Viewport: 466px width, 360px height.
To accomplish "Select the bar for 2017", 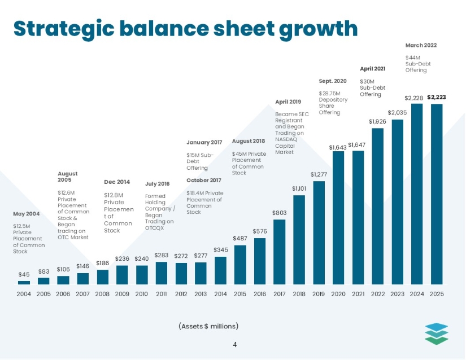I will [x=279, y=252].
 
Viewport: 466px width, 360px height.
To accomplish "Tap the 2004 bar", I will [x=24, y=282].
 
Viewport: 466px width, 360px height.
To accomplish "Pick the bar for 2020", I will [x=338, y=217].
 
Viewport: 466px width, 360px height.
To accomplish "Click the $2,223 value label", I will [x=437, y=97].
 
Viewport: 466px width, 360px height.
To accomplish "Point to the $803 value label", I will [x=279, y=213].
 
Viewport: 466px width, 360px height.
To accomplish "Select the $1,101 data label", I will [x=299, y=188].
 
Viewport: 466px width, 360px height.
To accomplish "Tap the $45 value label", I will [x=24, y=275].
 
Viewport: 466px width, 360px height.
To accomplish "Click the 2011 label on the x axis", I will [x=162, y=293].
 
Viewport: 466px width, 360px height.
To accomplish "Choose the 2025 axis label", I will [x=437, y=293].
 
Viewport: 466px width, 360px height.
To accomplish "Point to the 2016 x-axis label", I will [x=260, y=293].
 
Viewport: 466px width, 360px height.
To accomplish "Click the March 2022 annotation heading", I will [x=421, y=45].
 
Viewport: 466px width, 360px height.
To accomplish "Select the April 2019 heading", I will [x=288, y=102].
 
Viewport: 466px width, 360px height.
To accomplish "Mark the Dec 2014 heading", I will [x=117, y=182].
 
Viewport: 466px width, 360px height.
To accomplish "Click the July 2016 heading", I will [x=157, y=184].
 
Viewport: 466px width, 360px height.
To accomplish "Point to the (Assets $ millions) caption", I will [x=208, y=326].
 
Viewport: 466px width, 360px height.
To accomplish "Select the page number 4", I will [x=234, y=343].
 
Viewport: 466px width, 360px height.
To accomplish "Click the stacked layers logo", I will [x=437, y=333].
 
